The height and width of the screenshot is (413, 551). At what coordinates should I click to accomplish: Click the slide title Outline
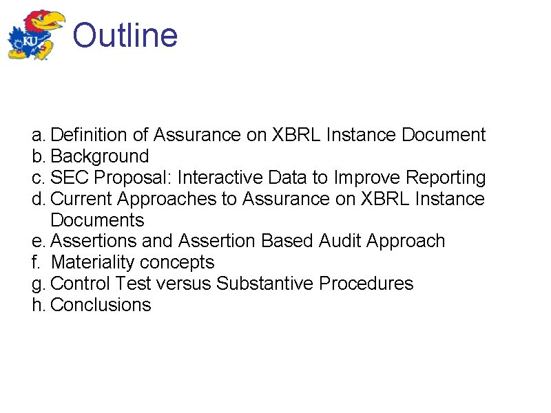125,35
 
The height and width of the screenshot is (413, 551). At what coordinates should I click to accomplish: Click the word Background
100,156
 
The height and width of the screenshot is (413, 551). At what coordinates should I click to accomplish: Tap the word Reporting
445,178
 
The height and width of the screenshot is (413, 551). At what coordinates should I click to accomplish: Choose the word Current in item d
83,199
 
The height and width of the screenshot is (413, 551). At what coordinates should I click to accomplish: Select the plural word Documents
97,220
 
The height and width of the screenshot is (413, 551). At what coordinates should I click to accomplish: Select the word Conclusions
101,305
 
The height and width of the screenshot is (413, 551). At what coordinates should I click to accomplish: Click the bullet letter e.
37,241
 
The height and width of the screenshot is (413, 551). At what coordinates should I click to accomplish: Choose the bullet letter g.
37,284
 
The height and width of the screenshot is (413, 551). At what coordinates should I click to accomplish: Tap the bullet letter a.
37,135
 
